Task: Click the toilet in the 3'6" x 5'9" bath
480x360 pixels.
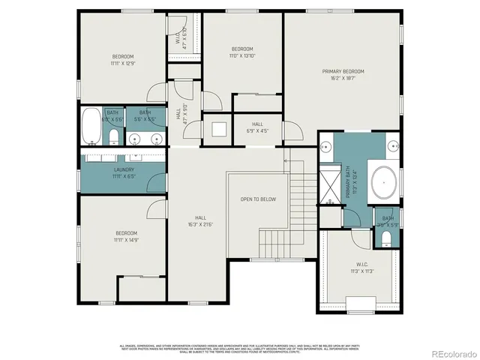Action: [385, 238]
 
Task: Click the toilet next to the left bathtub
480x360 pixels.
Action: [112, 136]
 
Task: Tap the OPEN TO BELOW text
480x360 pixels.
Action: [257, 199]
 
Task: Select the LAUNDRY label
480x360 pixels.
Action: [124, 169]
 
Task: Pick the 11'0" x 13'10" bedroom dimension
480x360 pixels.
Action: [241, 55]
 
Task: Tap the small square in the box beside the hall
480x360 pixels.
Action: [217, 129]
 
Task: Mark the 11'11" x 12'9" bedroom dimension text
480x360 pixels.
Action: [123, 63]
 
